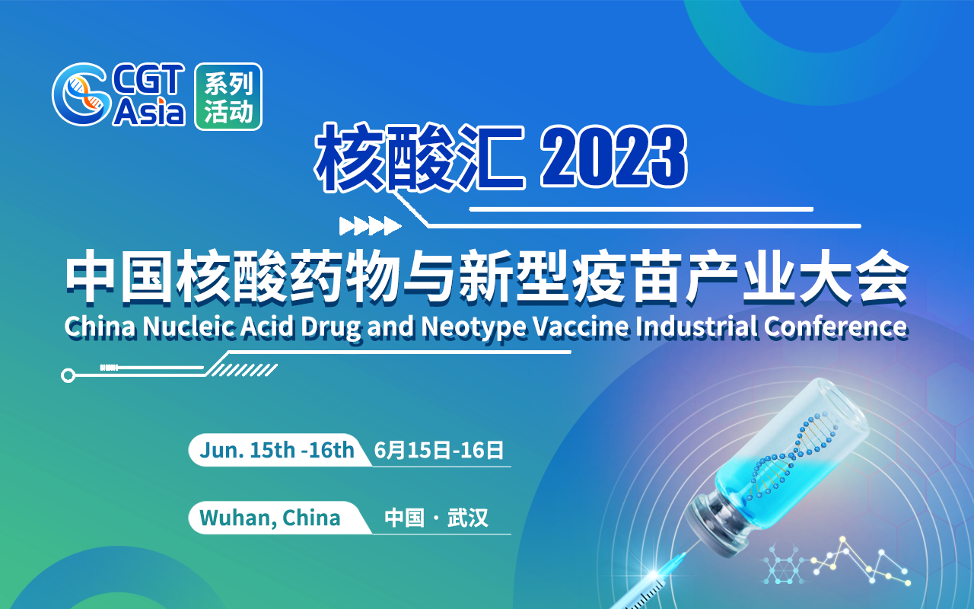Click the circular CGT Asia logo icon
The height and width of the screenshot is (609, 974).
[79, 95]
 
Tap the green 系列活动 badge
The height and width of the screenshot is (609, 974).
[228, 97]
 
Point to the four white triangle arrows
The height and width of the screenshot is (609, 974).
[370, 226]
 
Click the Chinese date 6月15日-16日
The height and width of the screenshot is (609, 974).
[439, 451]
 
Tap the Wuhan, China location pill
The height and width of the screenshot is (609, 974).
[270, 518]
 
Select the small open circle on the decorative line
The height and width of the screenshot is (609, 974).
[68, 375]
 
